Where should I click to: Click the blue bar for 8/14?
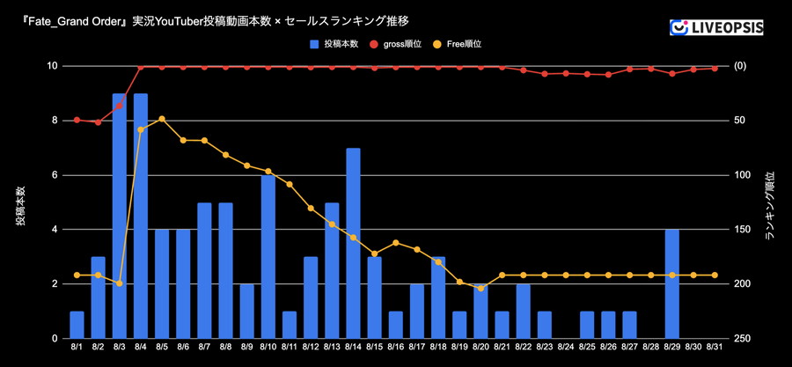[353, 244]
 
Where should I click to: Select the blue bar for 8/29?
[671, 284]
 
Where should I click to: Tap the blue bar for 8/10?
[268, 257]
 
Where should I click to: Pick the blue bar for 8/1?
[77, 325]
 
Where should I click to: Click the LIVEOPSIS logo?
[716, 27]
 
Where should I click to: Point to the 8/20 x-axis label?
[480, 349]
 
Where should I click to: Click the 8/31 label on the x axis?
[715, 349]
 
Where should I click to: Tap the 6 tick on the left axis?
[53, 175]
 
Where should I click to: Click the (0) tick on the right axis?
[741, 67]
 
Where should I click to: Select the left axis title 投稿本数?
[19, 203]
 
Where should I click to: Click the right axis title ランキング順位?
[770, 204]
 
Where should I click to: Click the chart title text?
[210, 19]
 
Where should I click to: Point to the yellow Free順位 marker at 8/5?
[162, 118]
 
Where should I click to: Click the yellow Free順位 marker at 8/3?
[120, 283]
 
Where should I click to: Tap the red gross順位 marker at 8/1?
[77, 120]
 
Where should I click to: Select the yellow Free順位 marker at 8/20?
[480, 288]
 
